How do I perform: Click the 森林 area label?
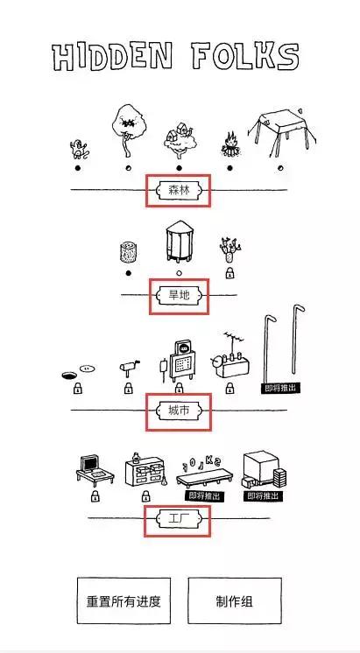pos(179,190)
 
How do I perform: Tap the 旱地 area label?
pos(179,295)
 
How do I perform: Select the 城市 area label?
pos(179,411)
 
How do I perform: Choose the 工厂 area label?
pos(179,519)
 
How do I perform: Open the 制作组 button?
pos(235,601)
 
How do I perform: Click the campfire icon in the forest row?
pos(229,145)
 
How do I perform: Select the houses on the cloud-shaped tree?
pos(180,140)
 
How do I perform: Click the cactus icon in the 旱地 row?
pos(230,249)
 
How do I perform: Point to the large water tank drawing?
pos(179,242)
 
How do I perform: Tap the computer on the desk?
pos(95,470)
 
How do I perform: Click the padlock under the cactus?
pos(229,273)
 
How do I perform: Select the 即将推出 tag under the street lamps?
pos(281,389)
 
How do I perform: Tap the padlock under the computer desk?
pos(95,496)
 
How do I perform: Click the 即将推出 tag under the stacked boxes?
pos(264,496)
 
